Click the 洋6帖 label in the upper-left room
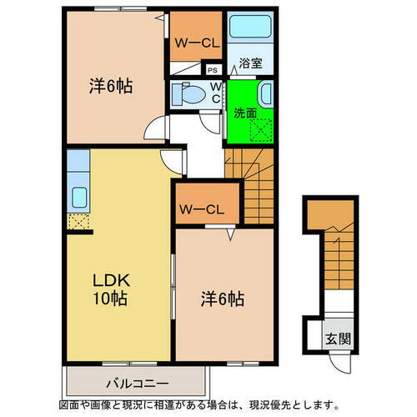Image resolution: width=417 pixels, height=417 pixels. pos(112,86)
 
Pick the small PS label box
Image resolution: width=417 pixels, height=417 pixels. pos(213,71)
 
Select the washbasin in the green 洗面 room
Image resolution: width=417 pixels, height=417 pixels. pos(264,92)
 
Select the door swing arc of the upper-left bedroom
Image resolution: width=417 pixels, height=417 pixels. pos(155,130)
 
